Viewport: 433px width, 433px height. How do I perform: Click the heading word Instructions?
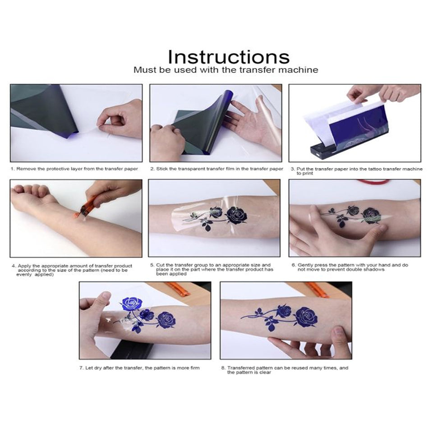(229, 57)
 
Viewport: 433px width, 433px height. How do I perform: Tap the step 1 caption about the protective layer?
(74, 169)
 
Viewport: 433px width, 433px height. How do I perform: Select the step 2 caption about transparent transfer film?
(217, 169)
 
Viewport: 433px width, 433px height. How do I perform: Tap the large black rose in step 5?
(236, 216)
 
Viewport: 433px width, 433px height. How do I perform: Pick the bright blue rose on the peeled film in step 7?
(132, 304)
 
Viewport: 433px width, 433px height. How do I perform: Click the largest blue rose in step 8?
(306, 317)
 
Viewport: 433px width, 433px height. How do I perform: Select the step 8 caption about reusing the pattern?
(285, 370)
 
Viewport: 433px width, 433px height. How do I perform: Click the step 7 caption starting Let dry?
(139, 368)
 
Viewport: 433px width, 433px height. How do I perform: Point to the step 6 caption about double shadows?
(350, 267)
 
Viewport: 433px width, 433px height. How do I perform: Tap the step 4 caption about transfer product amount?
(72, 270)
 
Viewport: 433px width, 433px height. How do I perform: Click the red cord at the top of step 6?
(373, 181)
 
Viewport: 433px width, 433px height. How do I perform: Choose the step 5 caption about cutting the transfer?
(212, 269)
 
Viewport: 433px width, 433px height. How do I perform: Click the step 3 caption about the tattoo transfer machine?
(356, 171)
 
